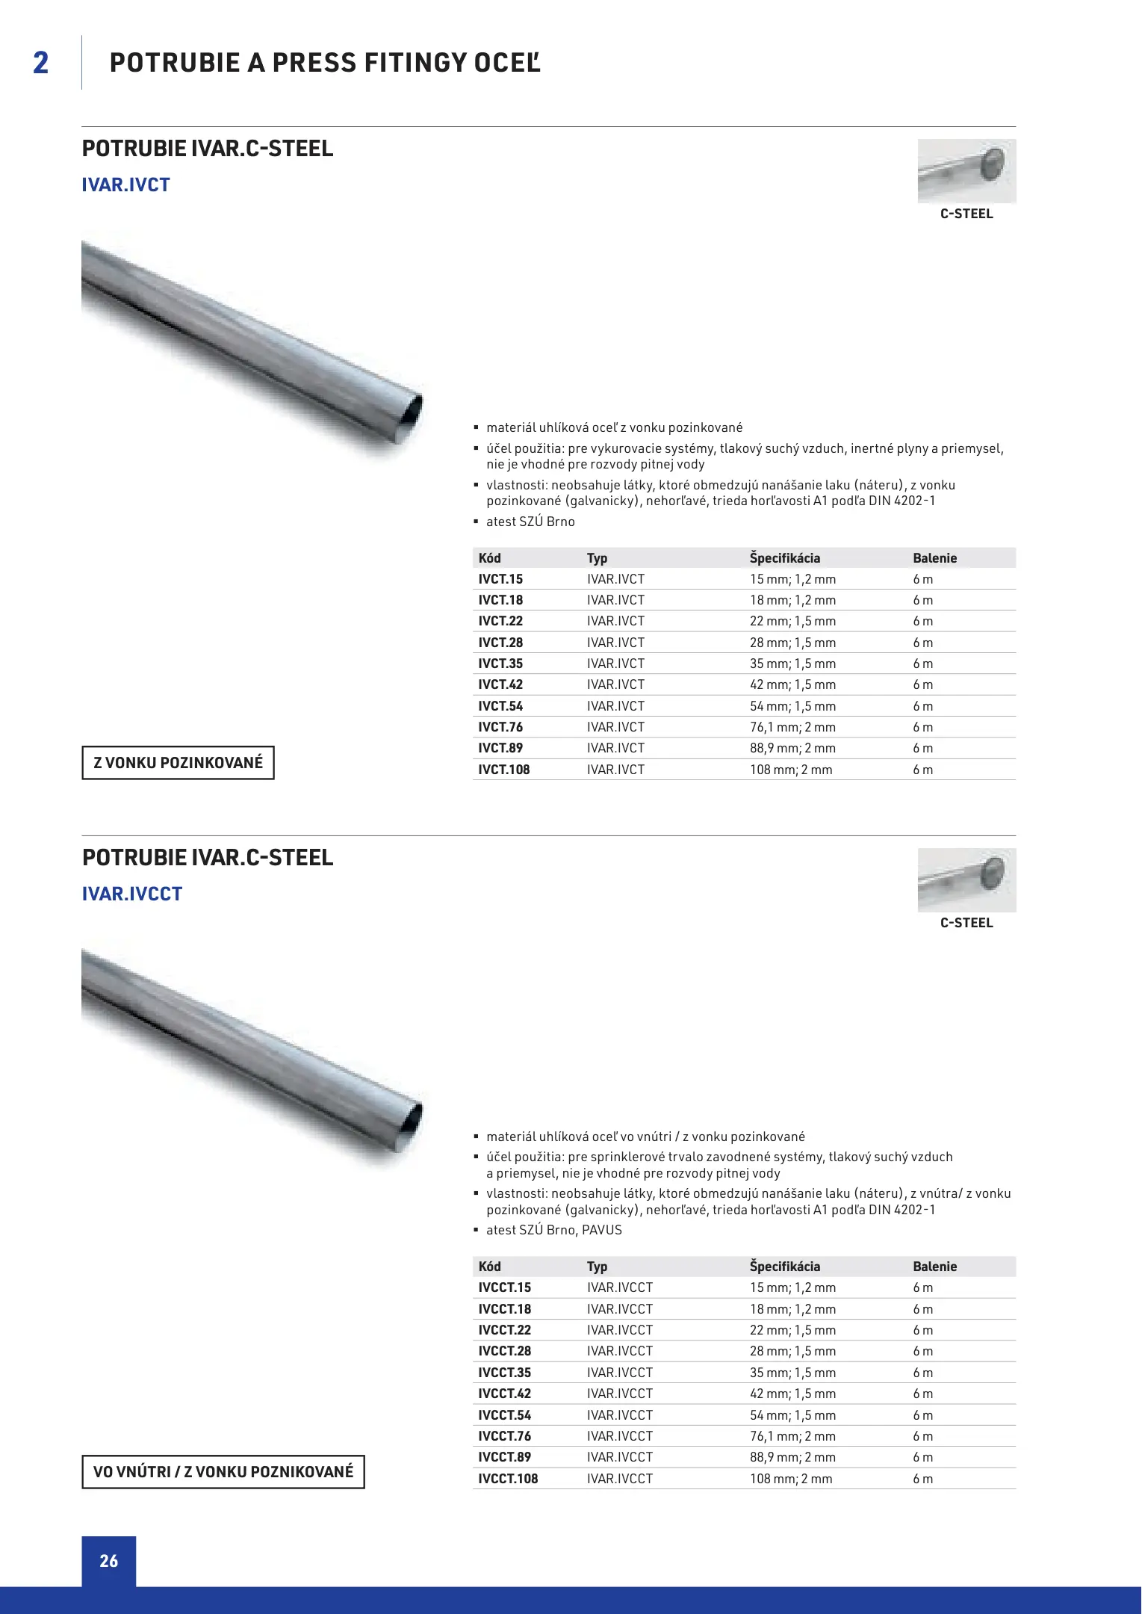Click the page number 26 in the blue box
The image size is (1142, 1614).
point(109,1561)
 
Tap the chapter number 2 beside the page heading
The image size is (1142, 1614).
point(41,63)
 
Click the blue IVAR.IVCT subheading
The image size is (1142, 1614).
point(126,185)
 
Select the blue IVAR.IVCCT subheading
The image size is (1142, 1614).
point(132,894)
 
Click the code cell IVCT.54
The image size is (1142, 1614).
point(500,706)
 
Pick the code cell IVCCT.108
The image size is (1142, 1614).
point(508,1479)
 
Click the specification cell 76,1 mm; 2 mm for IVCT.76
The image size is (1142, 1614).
point(792,727)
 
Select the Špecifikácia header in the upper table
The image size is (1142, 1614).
point(785,558)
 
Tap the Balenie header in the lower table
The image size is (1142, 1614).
point(934,1267)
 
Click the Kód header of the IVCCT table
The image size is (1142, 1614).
point(490,1267)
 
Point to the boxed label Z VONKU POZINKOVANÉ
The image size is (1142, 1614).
point(178,763)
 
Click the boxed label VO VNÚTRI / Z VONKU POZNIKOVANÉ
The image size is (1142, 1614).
point(223,1472)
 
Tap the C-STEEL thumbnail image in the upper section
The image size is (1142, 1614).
point(966,170)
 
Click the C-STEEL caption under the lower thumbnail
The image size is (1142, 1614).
point(966,923)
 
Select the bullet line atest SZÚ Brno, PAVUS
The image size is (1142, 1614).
point(553,1230)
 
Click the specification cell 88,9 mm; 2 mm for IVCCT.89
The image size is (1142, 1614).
point(792,1457)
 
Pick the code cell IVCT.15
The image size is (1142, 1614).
point(500,579)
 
